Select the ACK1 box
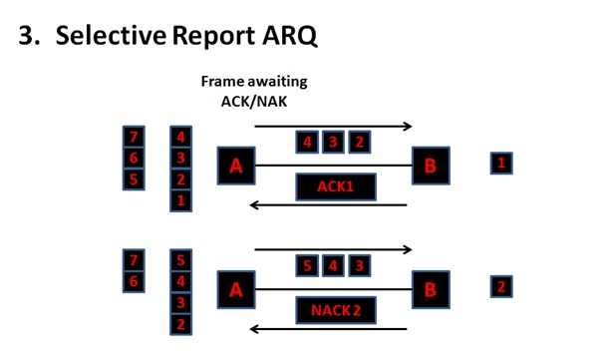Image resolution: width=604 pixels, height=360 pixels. [x=334, y=186]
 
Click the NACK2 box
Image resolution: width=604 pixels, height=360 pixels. [x=334, y=311]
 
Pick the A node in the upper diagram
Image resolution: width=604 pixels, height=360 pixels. [x=236, y=166]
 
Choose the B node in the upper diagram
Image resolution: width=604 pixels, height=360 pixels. [x=431, y=166]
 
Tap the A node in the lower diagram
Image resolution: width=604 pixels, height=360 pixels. [x=236, y=290]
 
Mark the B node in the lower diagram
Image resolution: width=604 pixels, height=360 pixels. [x=431, y=290]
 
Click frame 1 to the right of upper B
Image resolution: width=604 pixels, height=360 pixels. [x=501, y=164]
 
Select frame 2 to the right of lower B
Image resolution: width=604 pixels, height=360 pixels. [x=501, y=287]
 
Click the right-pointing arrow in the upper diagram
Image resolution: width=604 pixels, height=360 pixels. [x=334, y=127]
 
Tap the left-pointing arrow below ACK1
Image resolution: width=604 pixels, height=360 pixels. [x=329, y=206]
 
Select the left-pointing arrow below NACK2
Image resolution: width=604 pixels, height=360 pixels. [x=329, y=329]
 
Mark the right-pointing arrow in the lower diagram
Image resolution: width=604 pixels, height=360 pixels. [x=334, y=249]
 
